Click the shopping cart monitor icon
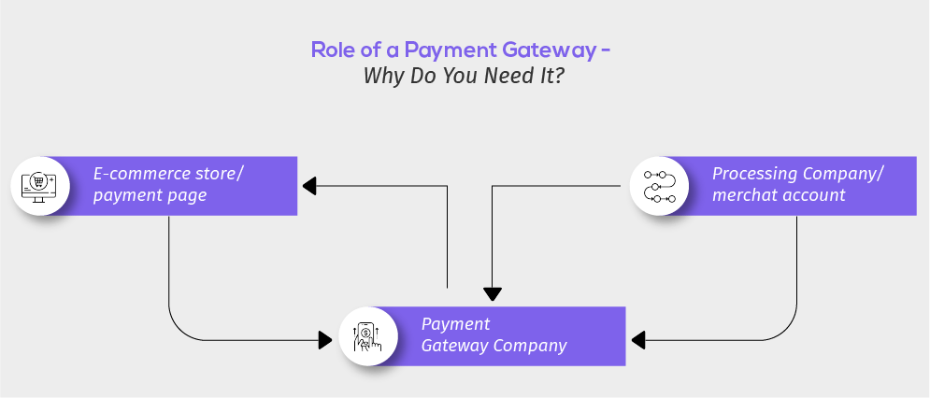[39, 185]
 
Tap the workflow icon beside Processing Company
[659, 185]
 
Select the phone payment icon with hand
[369, 336]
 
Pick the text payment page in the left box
[149, 196]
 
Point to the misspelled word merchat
[747, 196]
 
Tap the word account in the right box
[815, 196]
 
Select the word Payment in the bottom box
[455, 324]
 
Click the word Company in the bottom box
[530, 346]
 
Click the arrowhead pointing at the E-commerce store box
[309, 186]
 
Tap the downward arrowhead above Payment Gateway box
[493, 293]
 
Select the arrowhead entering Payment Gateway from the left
[326, 339]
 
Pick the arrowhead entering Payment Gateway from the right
[637, 339]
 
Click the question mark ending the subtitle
[559, 77]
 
